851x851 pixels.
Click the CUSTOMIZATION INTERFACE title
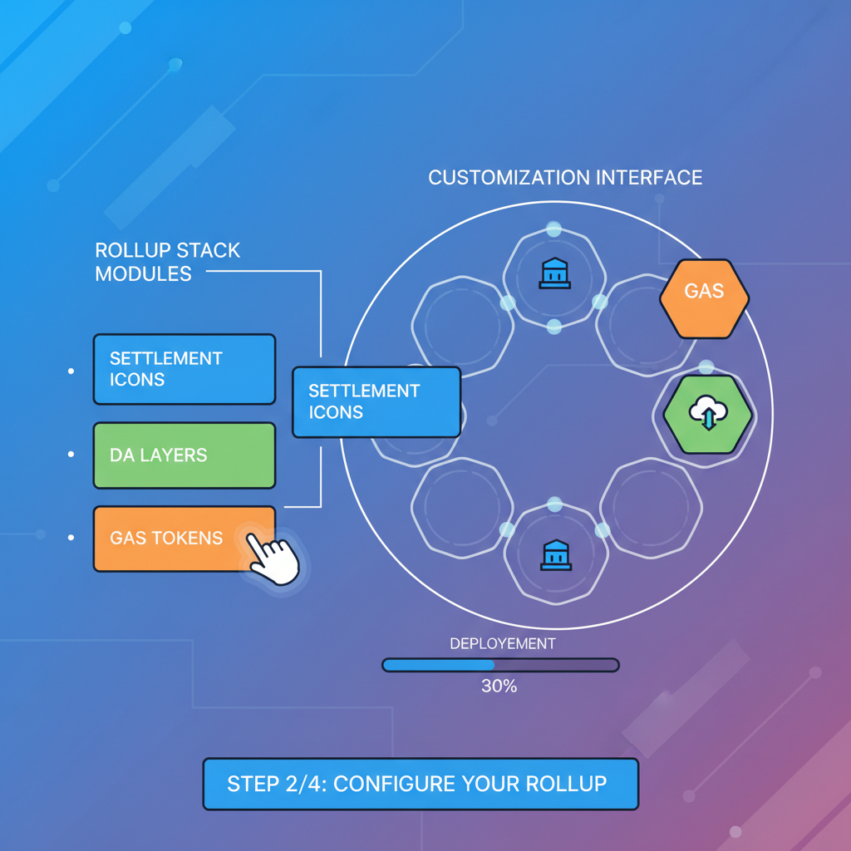click(x=564, y=177)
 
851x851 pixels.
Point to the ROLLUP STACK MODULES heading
click(x=167, y=262)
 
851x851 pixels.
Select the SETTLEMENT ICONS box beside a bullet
click(x=184, y=369)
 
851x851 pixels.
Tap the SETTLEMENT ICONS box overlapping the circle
click(x=376, y=401)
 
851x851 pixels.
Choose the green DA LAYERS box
click(x=184, y=455)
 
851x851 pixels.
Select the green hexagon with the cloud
click(x=707, y=413)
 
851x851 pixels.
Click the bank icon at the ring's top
click(x=554, y=273)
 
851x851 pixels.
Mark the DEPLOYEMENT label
click(x=502, y=644)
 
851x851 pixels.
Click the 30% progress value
click(x=499, y=686)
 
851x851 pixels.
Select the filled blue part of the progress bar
click(x=439, y=665)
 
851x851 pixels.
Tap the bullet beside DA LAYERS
click(x=71, y=455)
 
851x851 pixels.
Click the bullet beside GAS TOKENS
click(x=71, y=539)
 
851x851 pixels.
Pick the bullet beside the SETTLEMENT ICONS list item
click(x=71, y=371)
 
